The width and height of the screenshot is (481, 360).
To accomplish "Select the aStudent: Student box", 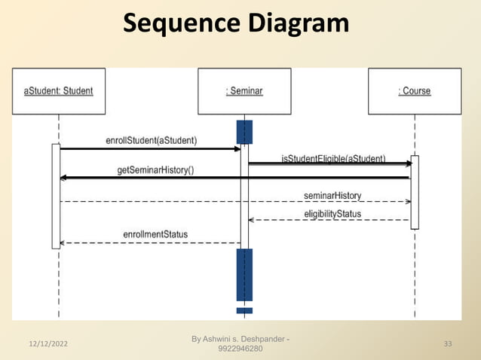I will [x=59, y=91].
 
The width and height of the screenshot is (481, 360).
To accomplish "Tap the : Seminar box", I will [x=244, y=91].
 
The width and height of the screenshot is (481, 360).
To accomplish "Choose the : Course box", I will [x=415, y=91].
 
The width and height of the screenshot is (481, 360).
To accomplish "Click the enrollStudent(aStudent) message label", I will [x=152, y=140].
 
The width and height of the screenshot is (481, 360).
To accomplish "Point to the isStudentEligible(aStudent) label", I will [x=333, y=158].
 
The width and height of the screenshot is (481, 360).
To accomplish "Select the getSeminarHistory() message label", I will [x=155, y=170].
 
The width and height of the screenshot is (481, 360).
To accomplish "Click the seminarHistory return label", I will [x=332, y=195].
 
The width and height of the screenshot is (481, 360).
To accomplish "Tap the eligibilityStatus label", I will [x=332, y=214].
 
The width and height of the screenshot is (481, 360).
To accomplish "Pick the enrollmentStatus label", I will [x=155, y=234].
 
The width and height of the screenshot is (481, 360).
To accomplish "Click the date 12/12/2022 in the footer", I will [x=44, y=344].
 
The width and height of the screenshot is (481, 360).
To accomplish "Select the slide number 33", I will [x=448, y=344].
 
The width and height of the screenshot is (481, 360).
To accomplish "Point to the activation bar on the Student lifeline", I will [x=56, y=196].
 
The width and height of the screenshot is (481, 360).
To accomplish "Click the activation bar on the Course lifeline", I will [x=414, y=192].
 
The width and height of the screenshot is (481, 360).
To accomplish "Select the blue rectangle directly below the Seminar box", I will [x=244, y=132].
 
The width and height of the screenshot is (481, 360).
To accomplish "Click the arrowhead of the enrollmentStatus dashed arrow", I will [x=63, y=243].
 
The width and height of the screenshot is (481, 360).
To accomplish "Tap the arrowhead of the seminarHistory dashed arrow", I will [x=408, y=202].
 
